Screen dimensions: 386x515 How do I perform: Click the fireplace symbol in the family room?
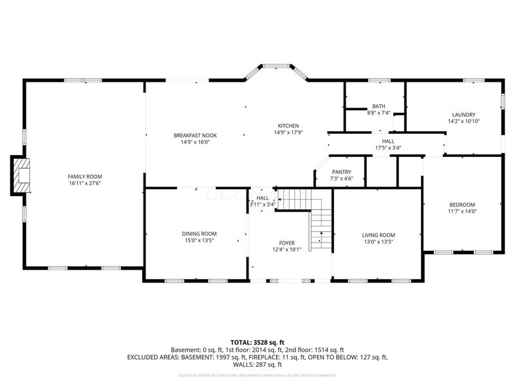22,176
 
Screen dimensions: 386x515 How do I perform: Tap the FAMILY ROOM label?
85,176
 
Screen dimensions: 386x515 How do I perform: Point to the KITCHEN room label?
288,125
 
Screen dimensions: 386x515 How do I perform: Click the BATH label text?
378,106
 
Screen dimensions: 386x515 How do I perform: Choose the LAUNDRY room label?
464,115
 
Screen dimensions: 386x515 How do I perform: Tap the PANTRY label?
341,172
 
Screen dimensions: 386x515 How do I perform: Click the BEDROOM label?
462,205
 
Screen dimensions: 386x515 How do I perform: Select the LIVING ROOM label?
379,235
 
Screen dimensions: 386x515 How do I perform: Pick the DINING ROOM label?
198,234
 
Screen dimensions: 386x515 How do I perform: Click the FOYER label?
286,242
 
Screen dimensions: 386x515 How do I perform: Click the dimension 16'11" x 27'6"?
85,183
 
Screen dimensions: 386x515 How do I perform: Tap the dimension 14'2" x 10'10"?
464,121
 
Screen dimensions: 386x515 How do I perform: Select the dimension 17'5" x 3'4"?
388,148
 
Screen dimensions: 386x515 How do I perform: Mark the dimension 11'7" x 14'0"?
462,211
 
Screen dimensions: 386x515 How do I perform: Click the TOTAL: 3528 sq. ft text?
257,342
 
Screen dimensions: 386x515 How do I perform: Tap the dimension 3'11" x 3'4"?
263,205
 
